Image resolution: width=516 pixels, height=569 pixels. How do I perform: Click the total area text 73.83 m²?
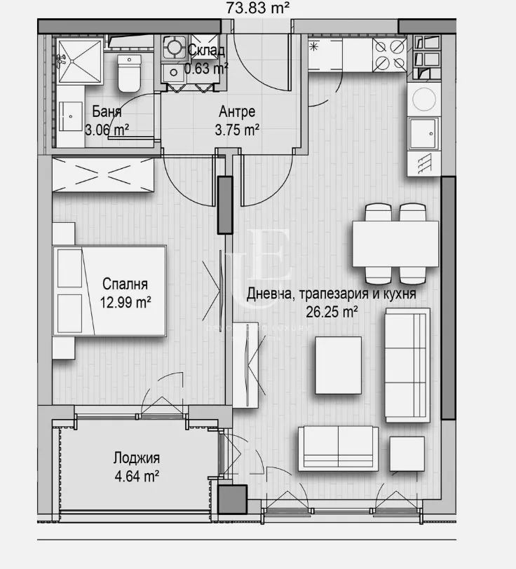click(x=259, y=8)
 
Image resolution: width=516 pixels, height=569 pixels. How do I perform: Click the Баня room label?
click(x=107, y=112)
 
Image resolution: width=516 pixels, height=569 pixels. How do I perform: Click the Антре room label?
click(x=236, y=112)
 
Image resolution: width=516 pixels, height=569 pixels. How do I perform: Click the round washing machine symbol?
click(x=425, y=100)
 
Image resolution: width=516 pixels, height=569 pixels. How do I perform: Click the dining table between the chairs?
click(x=395, y=243)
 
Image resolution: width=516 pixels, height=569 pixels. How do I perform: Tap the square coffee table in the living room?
click(x=339, y=365)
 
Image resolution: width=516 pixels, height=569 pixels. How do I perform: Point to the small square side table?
click(x=407, y=453)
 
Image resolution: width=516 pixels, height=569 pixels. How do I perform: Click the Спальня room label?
click(x=125, y=284)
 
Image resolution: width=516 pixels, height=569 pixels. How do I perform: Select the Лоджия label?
click(x=137, y=459)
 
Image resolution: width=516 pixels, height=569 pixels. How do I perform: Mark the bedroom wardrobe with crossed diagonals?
click(x=103, y=175)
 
